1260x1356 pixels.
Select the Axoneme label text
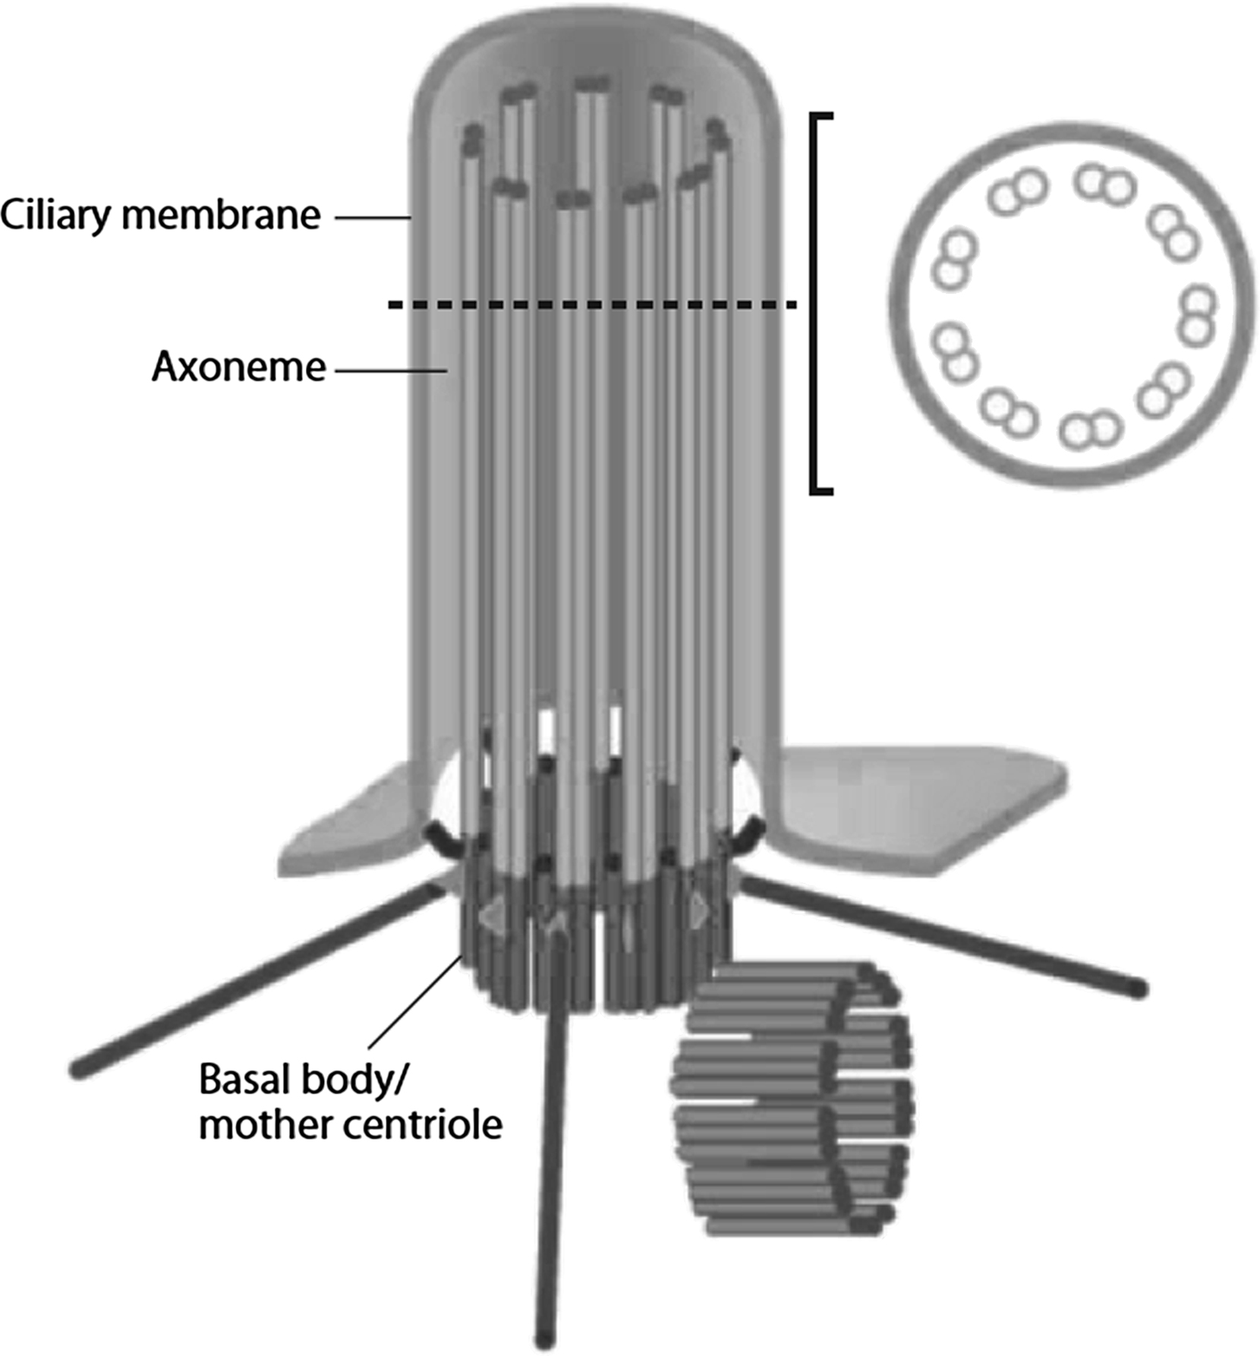[x=238, y=367]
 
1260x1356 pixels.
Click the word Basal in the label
[x=244, y=1079]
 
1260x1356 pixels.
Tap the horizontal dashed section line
[x=592, y=304]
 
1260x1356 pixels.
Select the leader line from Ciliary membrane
[x=372, y=219]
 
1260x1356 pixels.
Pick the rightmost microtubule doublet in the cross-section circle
[x=1197, y=315]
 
